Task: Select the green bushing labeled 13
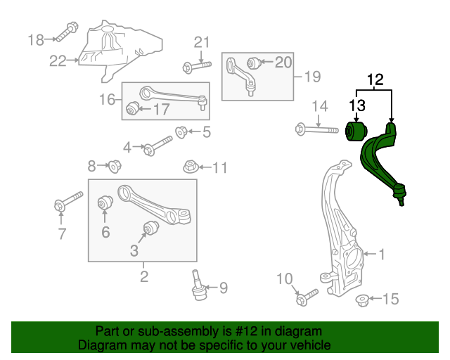[356, 131]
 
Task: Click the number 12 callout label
[375, 79]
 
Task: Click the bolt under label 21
[196, 67]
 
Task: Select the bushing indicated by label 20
[254, 63]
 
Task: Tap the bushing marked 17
[134, 109]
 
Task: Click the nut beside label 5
[181, 131]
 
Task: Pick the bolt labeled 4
[157, 147]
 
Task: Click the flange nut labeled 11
[189, 167]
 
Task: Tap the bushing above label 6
[105, 203]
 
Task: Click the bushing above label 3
[149, 228]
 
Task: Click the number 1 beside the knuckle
[382, 253]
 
